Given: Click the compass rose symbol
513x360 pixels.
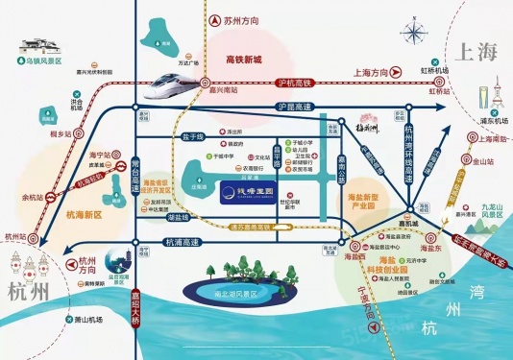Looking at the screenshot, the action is click(x=416, y=36).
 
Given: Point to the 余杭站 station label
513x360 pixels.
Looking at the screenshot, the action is click(x=32, y=199).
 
